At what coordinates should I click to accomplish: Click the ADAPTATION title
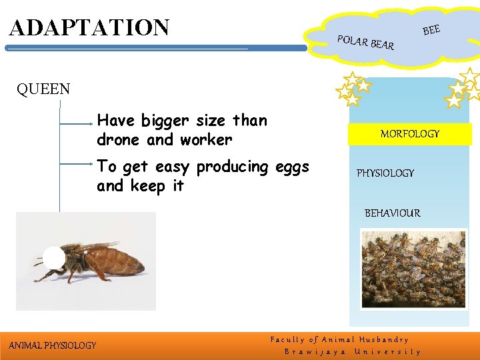coord(89,27)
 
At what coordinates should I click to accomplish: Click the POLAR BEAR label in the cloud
coord(366,42)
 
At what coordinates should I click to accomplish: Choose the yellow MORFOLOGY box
coord(409,134)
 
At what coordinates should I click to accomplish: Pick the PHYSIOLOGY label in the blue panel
coord(385,173)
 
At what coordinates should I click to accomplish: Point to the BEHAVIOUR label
coord(392,213)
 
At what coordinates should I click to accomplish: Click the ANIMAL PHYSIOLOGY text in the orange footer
coord(52,345)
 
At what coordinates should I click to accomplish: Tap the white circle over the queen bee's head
coord(54,258)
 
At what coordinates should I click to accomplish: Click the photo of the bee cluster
coord(414,269)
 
